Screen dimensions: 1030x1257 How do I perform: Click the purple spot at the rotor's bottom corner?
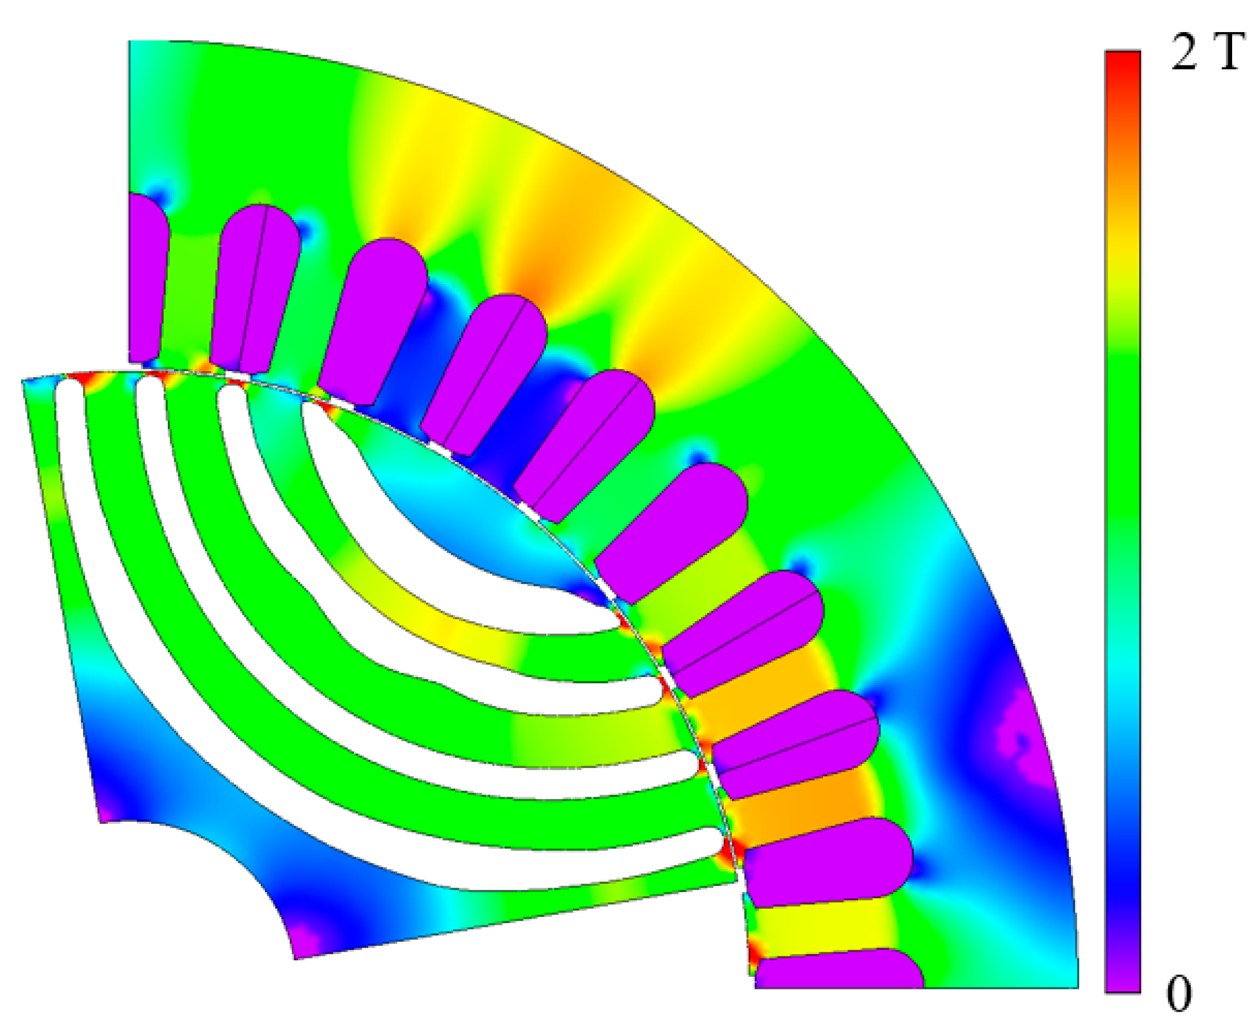(305, 944)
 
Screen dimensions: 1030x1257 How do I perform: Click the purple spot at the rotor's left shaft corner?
(110, 810)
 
